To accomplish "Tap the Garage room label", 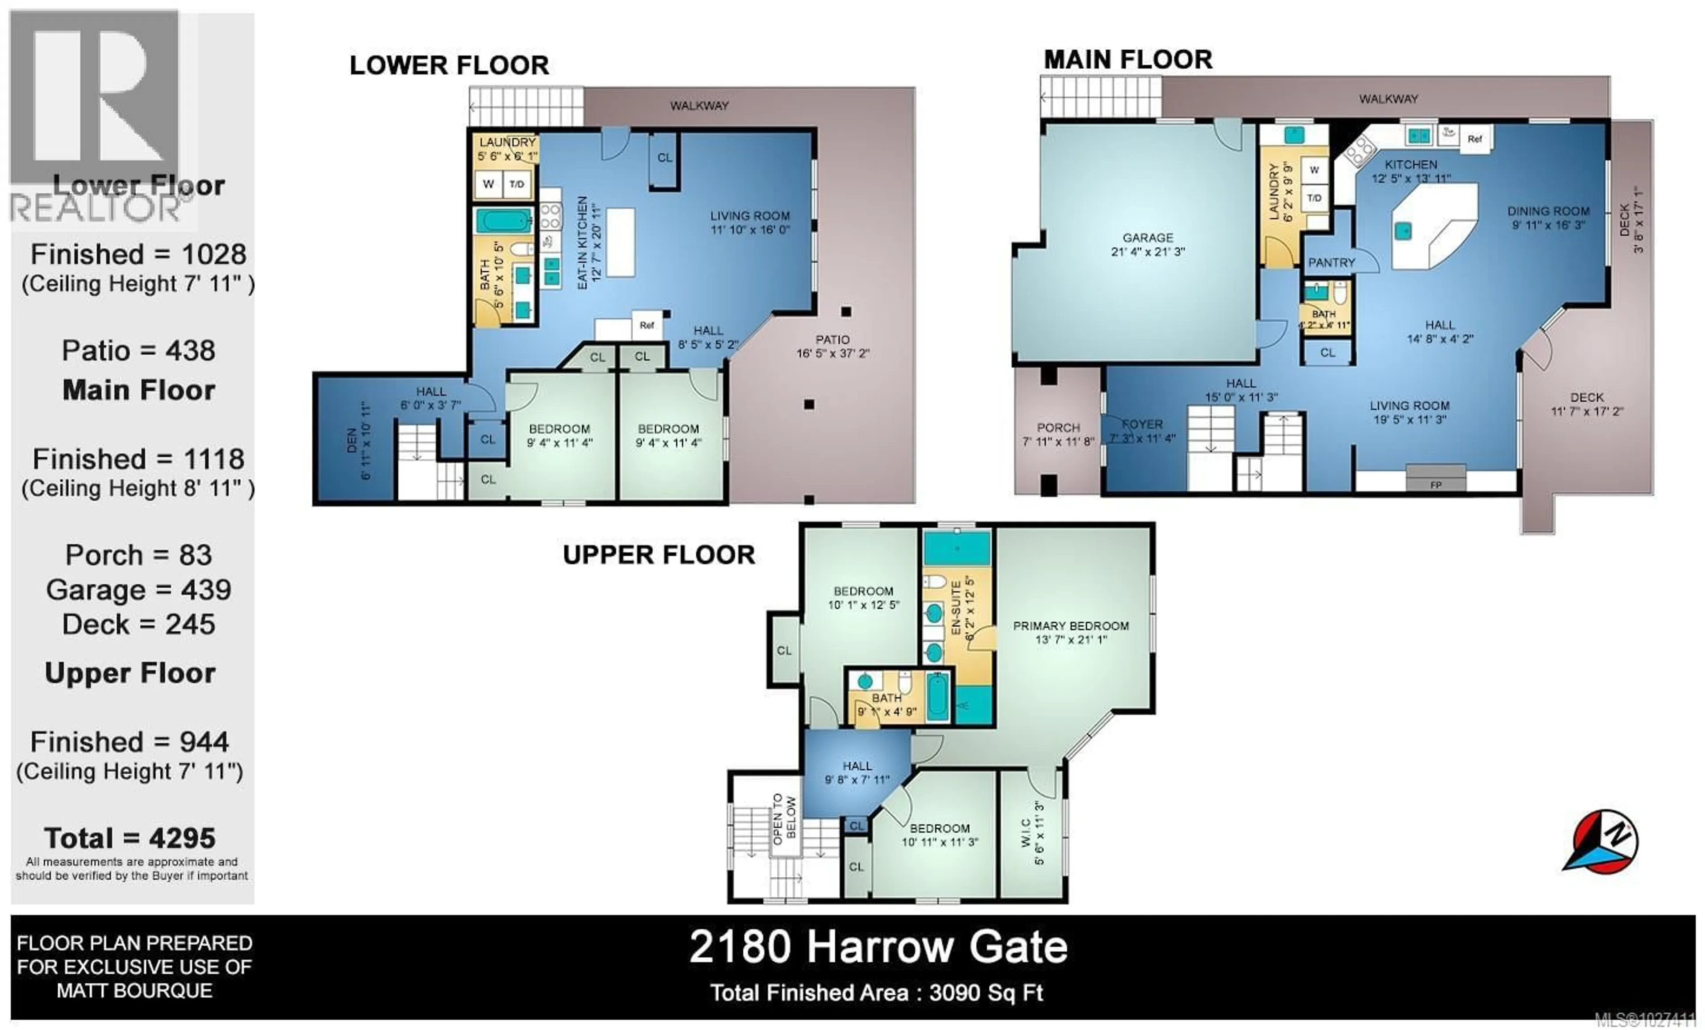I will click(1147, 238).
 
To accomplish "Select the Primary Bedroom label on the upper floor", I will click(1071, 626).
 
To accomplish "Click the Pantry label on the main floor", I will click(1331, 263).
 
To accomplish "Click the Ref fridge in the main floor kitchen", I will click(1475, 139).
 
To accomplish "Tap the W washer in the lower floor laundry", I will click(488, 184).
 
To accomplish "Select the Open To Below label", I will click(784, 819).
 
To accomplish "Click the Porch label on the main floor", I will click(1058, 428).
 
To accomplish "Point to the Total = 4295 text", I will click(130, 838).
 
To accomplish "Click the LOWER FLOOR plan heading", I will click(449, 66).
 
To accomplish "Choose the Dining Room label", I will click(1548, 211).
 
